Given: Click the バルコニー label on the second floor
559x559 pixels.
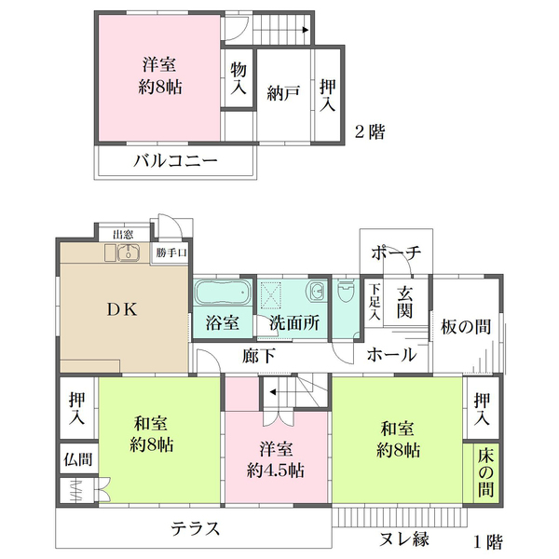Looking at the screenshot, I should click(175, 160).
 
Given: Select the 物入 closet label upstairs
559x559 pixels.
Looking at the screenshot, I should click(239, 78).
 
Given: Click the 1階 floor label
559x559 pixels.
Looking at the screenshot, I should click(488, 539).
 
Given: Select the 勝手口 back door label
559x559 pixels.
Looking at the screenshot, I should click(171, 252).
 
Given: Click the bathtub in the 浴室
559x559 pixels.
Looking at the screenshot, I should click(224, 293).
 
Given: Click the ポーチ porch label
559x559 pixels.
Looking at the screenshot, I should click(396, 252).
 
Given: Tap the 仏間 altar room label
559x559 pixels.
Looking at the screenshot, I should click(76, 458).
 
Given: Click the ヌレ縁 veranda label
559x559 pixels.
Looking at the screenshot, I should click(404, 539).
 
